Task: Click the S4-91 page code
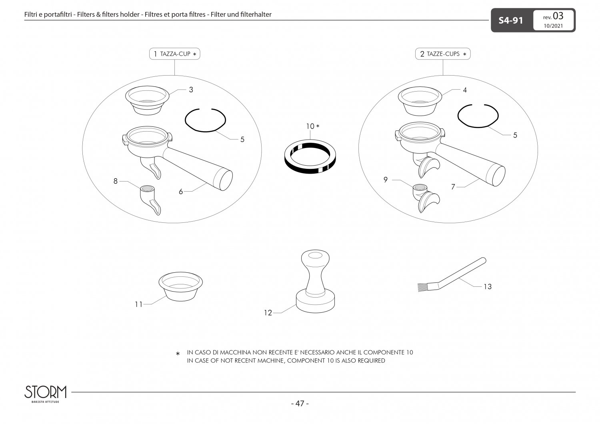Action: click(x=510, y=21)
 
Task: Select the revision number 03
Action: click(x=558, y=16)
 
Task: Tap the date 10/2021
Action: click(x=553, y=26)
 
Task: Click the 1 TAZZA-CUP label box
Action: click(x=175, y=54)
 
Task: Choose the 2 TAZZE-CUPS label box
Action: click(x=443, y=54)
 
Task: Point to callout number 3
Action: click(x=191, y=90)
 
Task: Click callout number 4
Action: click(x=465, y=90)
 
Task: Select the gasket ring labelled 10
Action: click(x=310, y=157)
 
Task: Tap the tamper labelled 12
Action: click(x=315, y=281)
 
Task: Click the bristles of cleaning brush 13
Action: click(x=423, y=287)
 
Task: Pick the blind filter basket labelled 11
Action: click(x=180, y=286)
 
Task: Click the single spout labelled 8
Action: click(x=150, y=200)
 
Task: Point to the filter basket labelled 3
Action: click(x=147, y=100)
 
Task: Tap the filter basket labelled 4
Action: click(x=420, y=101)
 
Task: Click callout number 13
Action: click(x=488, y=286)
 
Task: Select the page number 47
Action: click(x=300, y=403)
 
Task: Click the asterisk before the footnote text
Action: click(x=178, y=354)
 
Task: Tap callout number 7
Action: click(x=453, y=187)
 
